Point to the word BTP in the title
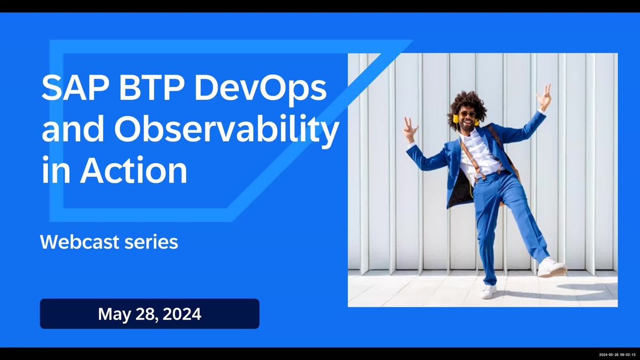tap(149, 89)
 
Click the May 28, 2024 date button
tap(149, 314)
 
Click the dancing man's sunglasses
tap(468, 114)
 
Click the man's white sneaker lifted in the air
tap(550, 267)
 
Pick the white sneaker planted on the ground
tap(488, 291)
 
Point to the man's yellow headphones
tap(456, 118)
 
